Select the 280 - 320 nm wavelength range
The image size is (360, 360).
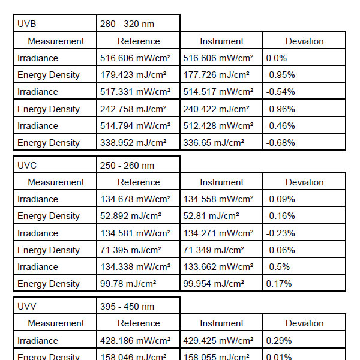point(127,24)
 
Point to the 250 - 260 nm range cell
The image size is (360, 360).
point(127,165)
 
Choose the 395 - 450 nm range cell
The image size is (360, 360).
point(127,306)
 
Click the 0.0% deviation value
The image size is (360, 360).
point(277,58)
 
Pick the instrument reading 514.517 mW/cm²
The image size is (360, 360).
point(218,92)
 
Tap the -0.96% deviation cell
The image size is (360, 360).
point(280,109)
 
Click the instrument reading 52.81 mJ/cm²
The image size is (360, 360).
point(211,216)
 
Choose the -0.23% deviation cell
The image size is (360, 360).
point(280,233)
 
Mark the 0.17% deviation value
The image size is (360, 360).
point(279,284)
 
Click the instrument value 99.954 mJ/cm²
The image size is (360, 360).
point(214,284)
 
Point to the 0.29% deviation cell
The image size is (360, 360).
point(279,341)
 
